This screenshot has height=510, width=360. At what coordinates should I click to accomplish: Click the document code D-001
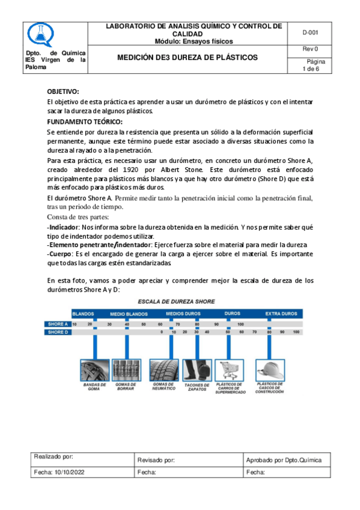(310, 32)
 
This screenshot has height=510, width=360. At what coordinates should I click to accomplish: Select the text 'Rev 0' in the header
(310, 49)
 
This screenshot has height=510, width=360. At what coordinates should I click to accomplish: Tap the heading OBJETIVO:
(63, 91)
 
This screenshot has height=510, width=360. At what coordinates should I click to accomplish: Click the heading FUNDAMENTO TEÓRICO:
(85, 121)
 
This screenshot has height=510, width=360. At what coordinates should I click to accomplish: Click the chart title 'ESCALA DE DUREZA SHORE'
(177, 301)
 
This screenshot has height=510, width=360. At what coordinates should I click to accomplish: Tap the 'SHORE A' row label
(58, 324)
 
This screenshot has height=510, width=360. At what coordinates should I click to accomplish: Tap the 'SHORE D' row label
(58, 332)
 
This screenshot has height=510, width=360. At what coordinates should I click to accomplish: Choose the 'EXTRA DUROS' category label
(281, 314)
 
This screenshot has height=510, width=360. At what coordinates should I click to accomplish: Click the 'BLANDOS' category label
(84, 314)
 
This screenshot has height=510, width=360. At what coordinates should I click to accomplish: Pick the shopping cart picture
(228, 369)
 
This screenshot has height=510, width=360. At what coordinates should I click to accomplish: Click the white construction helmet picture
(269, 369)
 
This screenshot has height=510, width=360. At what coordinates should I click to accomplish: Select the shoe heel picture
(197, 369)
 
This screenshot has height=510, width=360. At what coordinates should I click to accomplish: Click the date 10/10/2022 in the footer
(72, 473)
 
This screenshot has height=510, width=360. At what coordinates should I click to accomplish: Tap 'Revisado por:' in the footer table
(156, 460)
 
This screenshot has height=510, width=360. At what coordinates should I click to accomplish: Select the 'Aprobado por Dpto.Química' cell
(284, 460)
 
